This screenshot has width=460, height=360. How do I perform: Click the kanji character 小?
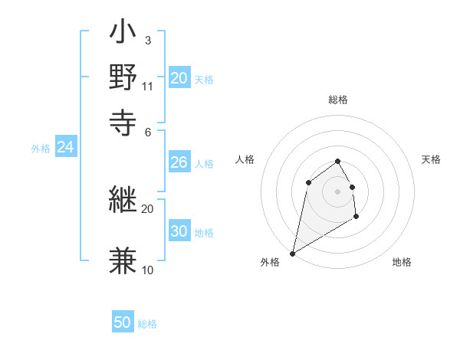pos(123,34)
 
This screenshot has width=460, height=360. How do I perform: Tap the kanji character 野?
pos(123,77)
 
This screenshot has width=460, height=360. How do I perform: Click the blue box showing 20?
pos(179,78)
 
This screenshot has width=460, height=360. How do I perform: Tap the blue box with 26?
pos(179,162)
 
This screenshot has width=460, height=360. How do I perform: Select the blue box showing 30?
pos(179,232)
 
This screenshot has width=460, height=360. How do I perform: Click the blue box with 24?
pos(66,148)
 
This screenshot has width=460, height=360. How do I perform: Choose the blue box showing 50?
pos(123,323)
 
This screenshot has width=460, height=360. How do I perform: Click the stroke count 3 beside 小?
pos(147,40)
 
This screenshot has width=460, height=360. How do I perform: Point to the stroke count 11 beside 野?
pos(148,86)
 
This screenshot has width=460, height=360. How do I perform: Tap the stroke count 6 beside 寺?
pos(147,131)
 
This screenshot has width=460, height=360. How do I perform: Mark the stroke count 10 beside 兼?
pos(148,270)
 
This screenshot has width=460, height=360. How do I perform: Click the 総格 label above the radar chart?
pos(338,100)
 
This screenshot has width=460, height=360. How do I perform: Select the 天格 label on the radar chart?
pos(431,159)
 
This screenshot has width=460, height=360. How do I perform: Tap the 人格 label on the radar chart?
pos(245,159)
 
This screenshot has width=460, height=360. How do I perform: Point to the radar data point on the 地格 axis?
pos(356,218)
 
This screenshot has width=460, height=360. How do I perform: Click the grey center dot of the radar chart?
pos(337,191)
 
